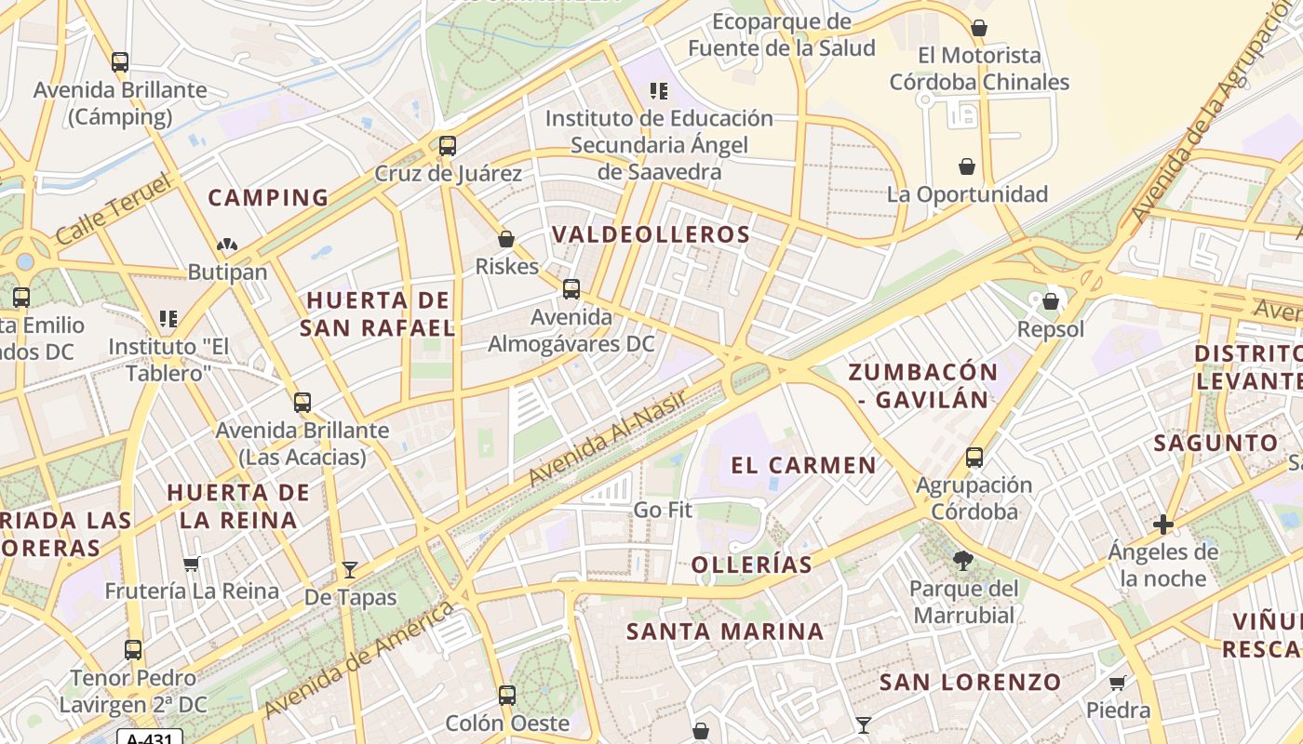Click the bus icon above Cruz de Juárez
click(x=448, y=146)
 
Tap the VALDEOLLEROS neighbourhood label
click(x=651, y=234)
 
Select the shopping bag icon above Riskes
click(x=506, y=239)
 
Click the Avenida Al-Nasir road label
click(x=608, y=437)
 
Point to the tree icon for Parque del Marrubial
click(x=962, y=561)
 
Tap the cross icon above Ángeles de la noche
click(x=1162, y=525)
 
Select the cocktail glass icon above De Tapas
click(x=350, y=569)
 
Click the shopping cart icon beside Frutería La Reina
click(x=192, y=564)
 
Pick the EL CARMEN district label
click(x=803, y=465)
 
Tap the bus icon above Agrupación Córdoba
click(x=974, y=458)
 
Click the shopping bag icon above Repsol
click(x=1051, y=301)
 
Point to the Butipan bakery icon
click(x=227, y=245)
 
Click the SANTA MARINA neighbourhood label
click(x=725, y=631)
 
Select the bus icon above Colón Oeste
click(x=507, y=695)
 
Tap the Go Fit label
click(x=663, y=510)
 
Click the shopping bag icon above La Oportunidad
click(x=967, y=166)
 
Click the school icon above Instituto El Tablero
click(x=168, y=319)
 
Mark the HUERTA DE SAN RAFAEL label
click(x=378, y=313)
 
